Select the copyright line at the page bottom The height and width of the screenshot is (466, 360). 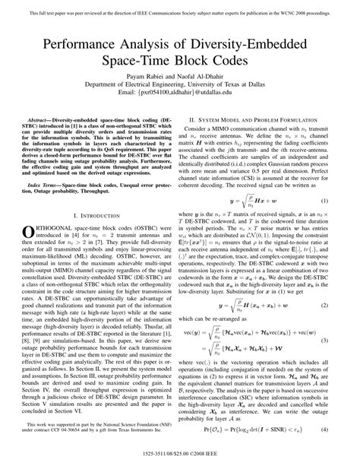click(x=180, y=458)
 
